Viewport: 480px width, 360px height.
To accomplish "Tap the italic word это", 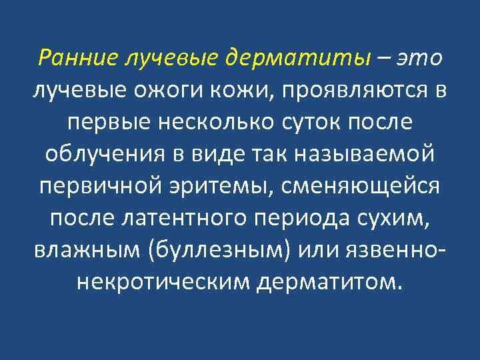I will tap(419, 58).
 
